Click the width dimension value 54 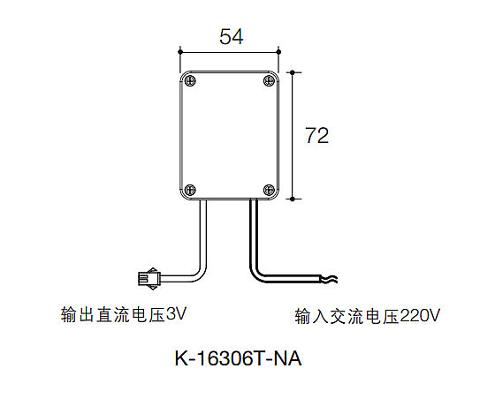click(232, 36)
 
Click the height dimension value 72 click(316, 136)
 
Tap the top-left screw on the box click(190, 80)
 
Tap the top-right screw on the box click(269, 80)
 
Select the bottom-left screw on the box click(190, 190)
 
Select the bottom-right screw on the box click(269, 190)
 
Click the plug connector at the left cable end click(149, 279)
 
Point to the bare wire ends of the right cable click(329, 279)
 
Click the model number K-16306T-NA click(238, 358)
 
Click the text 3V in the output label click(176, 314)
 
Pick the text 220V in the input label click(420, 316)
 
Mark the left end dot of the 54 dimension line click(180, 52)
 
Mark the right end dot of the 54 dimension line click(278, 52)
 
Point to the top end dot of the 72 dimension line click(293, 72)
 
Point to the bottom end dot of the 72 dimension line click(293, 199)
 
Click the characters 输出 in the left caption click(78, 314)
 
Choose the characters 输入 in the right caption click(312, 316)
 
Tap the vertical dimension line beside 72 click(293, 136)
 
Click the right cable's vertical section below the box click(254, 233)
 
